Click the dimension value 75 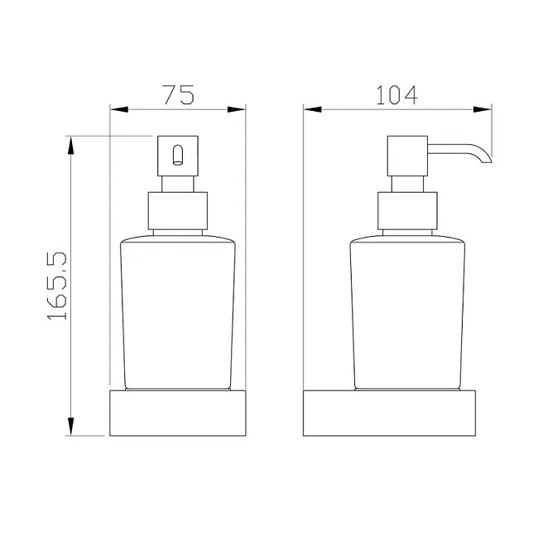click(179, 94)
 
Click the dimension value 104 click(397, 94)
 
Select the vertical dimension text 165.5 click(56, 286)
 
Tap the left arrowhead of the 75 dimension click(118, 109)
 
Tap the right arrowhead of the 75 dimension click(237, 109)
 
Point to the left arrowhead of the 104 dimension click(313, 109)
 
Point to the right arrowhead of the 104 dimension click(483, 109)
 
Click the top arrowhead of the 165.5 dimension click(70, 146)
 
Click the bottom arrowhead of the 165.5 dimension click(70, 426)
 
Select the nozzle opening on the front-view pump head click(178, 156)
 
